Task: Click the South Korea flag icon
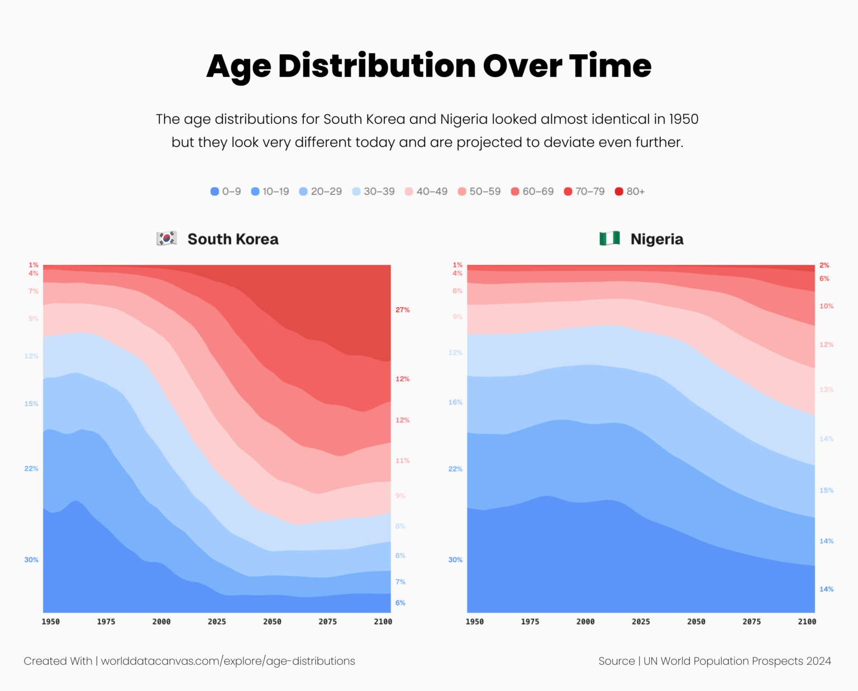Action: (x=166, y=239)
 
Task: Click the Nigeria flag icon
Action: (x=609, y=239)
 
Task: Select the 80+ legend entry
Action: (x=630, y=191)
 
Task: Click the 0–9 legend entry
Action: (x=226, y=191)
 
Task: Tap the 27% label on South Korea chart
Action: (x=402, y=310)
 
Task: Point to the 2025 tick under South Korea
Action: (x=217, y=622)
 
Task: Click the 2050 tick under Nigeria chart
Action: (x=696, y=622)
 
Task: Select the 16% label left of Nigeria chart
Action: (x=455, y=402)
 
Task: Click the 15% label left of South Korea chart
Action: (x=31, y=404)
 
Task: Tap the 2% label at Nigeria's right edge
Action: (x=824, y=266)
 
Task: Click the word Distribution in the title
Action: (x=376, y=66)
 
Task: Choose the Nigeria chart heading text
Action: (x=657, y=239)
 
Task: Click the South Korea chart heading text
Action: (x=233, y=239)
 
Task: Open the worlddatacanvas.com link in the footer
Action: (x=228, y=661)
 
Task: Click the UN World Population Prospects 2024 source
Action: (x=737, y=661)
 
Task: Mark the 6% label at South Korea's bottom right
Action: (x=401, y=603)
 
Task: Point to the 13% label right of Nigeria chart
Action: (x=826, y=390)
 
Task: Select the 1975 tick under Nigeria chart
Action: (x=530, y=622)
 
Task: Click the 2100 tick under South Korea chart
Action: (x=383, y=622)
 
